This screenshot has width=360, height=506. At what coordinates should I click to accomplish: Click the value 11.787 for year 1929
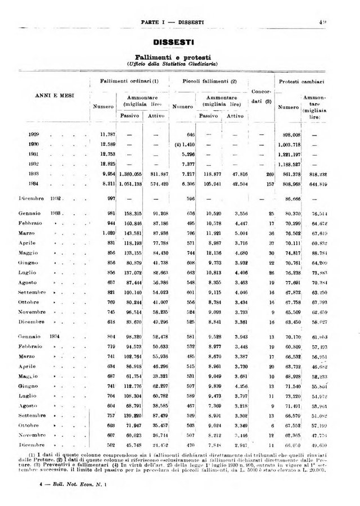pyautogui.click(x=107, y=135)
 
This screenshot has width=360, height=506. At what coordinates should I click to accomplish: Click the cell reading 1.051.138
pyautogui.click(x=132, y=184)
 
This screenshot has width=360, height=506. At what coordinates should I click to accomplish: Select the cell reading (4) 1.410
pyautogui.click(x=183, y=144)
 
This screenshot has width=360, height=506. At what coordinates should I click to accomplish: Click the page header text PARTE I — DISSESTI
pyautogui.click(x=172, y=22)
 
